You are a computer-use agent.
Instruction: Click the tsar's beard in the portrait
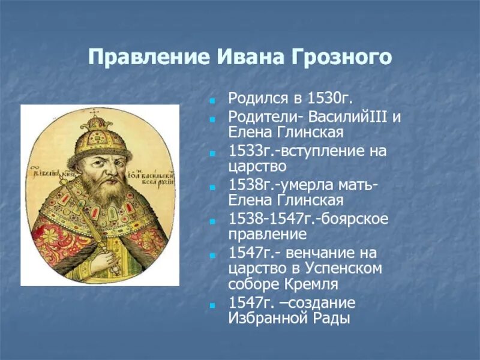click(x=102, y=192)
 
